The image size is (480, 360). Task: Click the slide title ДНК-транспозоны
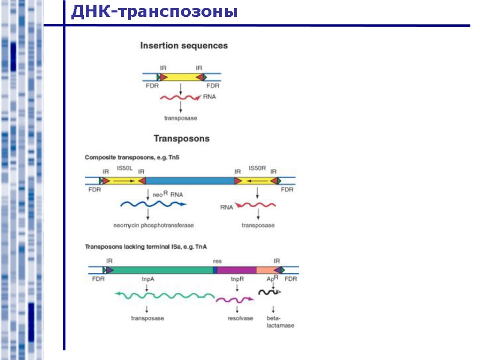[x=154, y=12]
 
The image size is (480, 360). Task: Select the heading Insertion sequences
[x=184, y=46]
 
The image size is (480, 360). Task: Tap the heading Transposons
[x=181, y=139]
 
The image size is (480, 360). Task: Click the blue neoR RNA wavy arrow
[x=153, y=204]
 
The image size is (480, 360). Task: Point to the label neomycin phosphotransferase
[x=153, y=225]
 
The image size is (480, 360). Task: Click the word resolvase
[x=240, y=318]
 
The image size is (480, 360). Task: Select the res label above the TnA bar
[x=217, y=261]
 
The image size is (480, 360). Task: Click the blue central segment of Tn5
[x=190, y=180]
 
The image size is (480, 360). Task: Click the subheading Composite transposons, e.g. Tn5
[x=132, y=158]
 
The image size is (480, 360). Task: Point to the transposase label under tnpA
[x=147, y=318]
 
